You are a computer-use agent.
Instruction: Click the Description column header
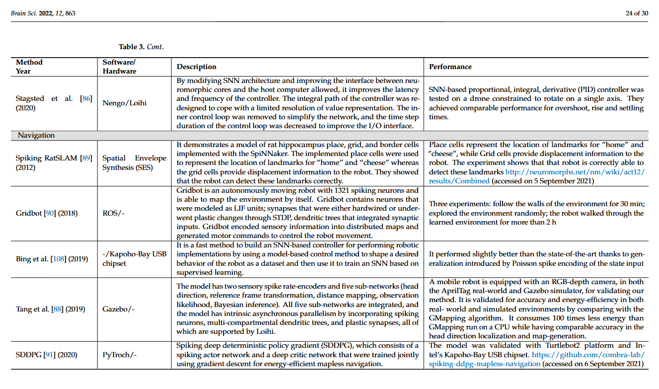(197, 67)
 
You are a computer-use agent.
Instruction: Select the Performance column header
(450, 67)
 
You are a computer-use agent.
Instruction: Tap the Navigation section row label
(36, 135)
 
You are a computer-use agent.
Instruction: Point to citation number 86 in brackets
(86, 98)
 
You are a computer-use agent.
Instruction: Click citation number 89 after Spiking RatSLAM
(86, 158)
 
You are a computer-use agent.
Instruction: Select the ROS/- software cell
(114, 213)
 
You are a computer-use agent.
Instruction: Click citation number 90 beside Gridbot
(49, 213)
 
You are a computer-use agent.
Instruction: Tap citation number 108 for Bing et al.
(59, 259)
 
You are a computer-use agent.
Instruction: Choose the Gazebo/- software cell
(118, 309)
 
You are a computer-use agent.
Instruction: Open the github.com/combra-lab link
(588, 355)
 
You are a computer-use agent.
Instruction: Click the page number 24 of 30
(637, 13)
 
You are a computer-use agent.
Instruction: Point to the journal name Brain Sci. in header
(22, 13)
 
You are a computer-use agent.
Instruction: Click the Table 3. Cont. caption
(141, 47)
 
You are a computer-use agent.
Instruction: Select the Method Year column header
(29, 67)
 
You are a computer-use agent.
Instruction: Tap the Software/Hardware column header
(119, 67)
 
